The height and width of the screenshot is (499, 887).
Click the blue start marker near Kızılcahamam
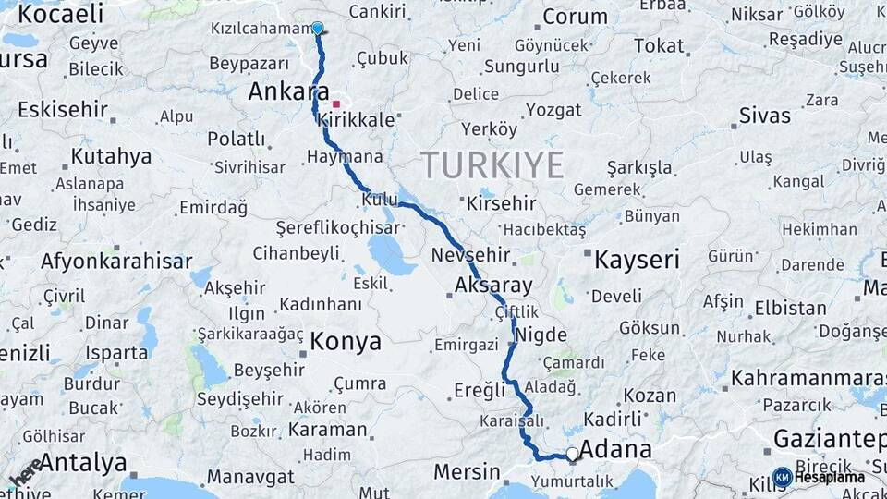pos(318,28)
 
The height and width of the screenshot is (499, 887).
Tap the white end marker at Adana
pos(573,454)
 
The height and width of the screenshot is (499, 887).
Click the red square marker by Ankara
pos(337,104)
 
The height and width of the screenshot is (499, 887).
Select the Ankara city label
pos(288,91)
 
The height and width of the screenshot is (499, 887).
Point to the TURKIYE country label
pos(492,165)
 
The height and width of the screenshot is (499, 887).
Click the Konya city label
pos(346,341)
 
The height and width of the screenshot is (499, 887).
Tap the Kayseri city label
pos(637,260)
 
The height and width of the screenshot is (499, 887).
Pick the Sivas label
pos(765,116)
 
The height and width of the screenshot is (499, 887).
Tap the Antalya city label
pos(83,462)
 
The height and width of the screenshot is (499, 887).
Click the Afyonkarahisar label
pos(116,262)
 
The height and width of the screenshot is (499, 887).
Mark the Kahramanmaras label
pos(808,378)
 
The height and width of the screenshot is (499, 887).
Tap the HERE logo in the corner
pos(25,471)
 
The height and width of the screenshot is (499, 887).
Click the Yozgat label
pos(554,111)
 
